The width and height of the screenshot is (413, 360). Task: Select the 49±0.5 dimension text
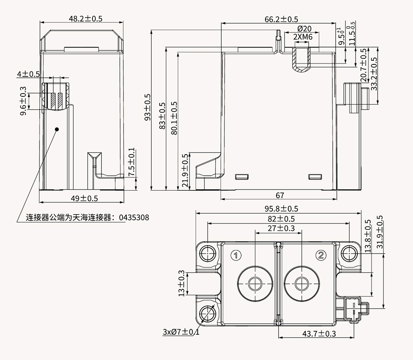(x=84, y=198)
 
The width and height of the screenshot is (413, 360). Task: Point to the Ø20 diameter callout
(x=304, y=29)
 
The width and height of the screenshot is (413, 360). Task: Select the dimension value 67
(x=279, y=195)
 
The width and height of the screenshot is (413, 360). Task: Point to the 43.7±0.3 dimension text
(x=319, y=333)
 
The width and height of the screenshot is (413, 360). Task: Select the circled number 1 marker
(x=235, y=255)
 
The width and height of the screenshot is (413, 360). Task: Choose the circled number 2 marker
(x=321, y=255)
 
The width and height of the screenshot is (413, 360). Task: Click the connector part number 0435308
(x=134, y=217)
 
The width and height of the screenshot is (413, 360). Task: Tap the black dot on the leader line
(x=57, y=129)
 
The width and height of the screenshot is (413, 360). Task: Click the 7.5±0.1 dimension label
(x=132, y=163)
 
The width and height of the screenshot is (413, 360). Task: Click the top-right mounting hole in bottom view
(x=348, y=252)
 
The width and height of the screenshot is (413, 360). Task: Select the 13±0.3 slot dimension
(x=181, y=284)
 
